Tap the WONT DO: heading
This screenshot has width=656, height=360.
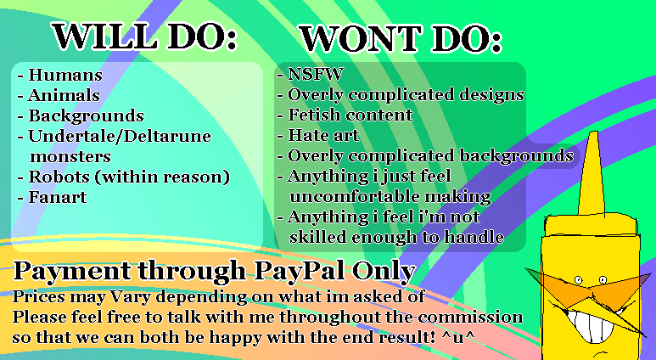pos(400,38)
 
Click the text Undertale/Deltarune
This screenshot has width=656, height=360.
pos(119,136)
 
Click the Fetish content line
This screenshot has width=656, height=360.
pos(350,115)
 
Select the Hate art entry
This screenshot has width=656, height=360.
pos(323,135)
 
